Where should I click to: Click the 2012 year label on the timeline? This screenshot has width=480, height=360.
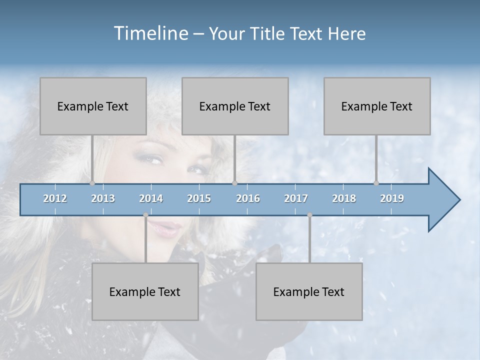55,198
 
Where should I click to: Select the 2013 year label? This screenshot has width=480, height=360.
103,198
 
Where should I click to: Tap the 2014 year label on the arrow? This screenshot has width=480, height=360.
151,198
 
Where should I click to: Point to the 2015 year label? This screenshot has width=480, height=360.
199,198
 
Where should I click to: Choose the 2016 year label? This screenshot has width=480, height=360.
248,198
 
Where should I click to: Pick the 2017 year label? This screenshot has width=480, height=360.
296,198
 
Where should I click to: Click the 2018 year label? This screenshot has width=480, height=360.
344,198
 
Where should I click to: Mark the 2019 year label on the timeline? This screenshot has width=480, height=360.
392,198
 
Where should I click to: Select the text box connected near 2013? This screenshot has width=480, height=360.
93,106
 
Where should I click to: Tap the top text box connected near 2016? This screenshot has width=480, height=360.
235,106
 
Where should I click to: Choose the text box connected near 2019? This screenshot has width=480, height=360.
377,106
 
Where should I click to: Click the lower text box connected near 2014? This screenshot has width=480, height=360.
145,291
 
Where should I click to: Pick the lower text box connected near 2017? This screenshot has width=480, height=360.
309,291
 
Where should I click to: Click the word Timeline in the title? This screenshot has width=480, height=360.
150,33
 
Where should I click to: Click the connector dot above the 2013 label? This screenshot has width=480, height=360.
92,183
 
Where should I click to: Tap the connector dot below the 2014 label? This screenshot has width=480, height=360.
145,215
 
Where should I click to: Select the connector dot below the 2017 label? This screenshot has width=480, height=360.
309,215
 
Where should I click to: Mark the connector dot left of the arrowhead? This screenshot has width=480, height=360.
376,183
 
